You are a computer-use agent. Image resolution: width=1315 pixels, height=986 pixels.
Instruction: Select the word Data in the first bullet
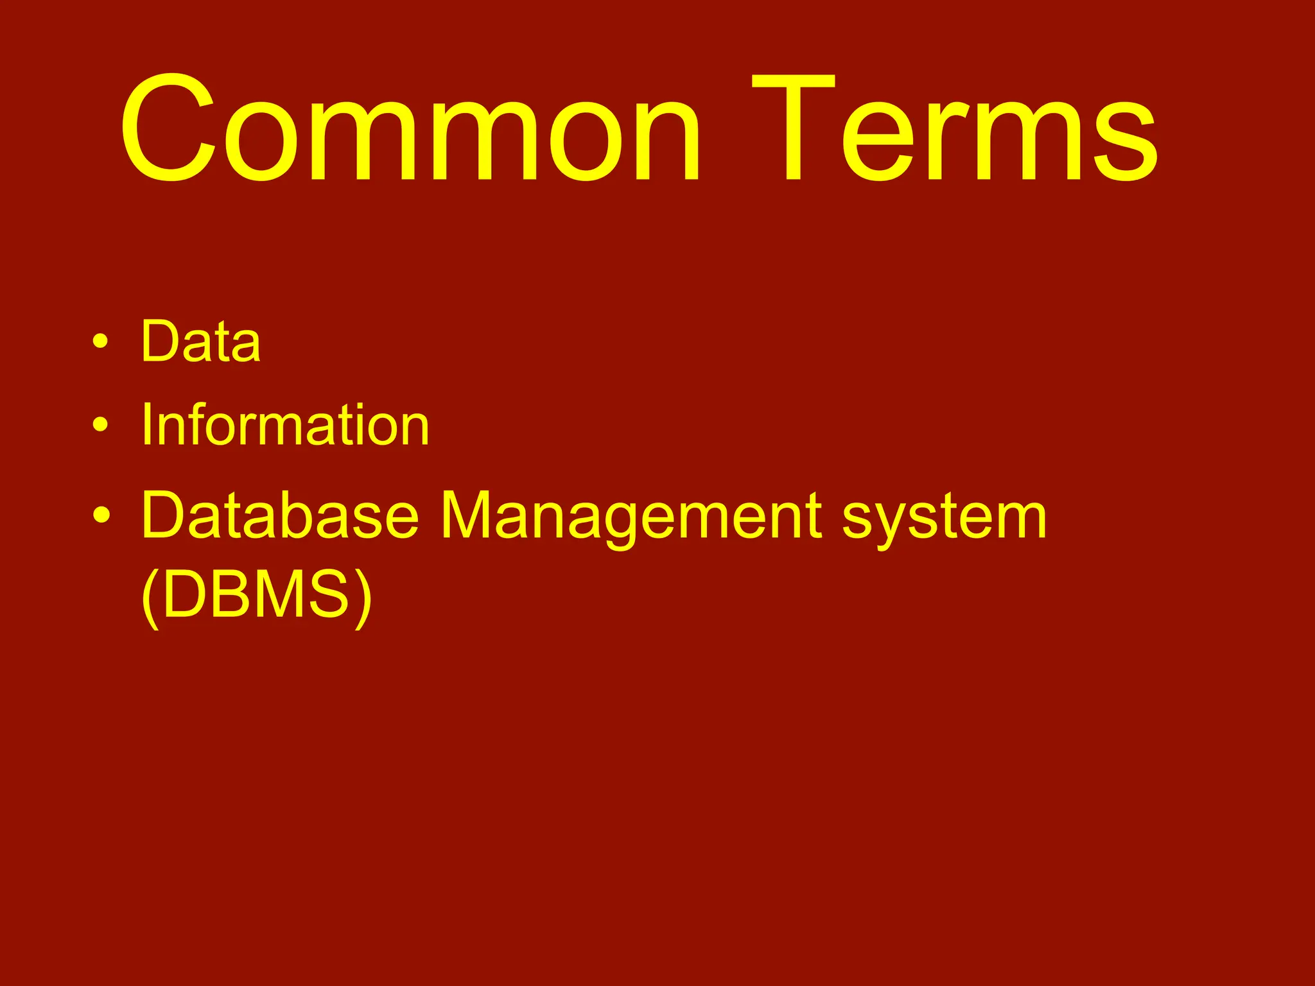[200, 342]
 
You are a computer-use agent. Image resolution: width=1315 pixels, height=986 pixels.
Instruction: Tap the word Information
[285, 425]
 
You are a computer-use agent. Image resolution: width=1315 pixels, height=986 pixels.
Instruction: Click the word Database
[280, 516]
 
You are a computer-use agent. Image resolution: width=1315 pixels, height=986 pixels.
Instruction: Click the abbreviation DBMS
[256, 594]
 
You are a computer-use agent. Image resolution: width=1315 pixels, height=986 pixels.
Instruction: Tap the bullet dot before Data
[100, 342]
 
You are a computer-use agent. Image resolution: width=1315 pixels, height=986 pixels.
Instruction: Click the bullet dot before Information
[100, 425]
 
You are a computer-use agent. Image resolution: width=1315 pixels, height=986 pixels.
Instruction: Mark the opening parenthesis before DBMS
[149, 597]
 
